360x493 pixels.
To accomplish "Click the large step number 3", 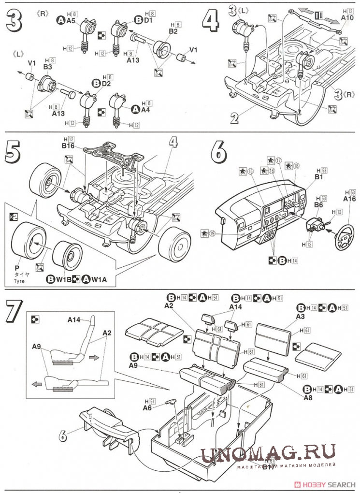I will [13, 21].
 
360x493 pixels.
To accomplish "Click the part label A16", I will [349, 198].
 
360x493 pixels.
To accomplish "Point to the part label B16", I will [68, 145].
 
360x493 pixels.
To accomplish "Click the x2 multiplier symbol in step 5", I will [12, 217].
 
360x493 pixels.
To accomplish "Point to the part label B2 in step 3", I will [173, 31].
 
